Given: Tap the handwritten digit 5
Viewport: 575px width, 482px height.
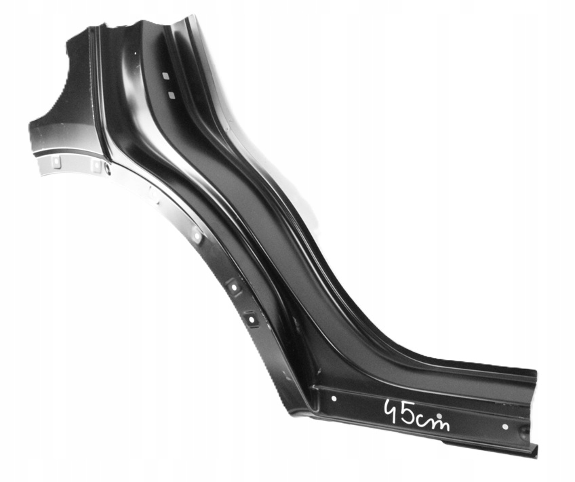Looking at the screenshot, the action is point(408,414).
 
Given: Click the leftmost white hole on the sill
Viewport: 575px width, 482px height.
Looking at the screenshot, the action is point(334,399).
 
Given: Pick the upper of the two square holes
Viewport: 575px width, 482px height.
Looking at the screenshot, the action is point(165,76).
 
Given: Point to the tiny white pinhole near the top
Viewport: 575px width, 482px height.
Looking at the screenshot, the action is point(135,54).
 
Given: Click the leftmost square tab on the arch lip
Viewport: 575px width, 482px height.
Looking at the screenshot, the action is point(56,161).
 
